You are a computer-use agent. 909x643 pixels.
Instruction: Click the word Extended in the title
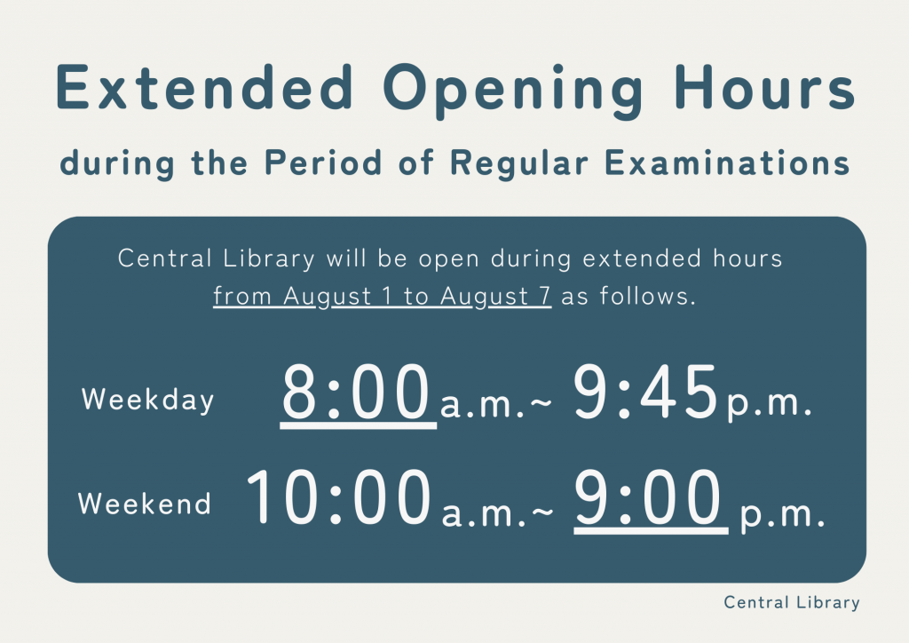coord(204,87)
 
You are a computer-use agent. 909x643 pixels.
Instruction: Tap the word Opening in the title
coord(513,91)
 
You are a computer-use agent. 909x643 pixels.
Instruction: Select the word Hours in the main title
coord(765,87)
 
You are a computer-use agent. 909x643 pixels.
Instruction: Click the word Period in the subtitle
coord(323,162)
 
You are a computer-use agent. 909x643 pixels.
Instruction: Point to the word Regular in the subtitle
coord(518,164)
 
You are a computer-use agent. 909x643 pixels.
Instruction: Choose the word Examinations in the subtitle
coord(727,162)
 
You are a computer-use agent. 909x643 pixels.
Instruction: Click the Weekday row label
coord(148,400)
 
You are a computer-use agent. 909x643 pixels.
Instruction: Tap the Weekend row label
coord(145,503)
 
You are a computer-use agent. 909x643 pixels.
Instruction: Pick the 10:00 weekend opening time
coord(339,497)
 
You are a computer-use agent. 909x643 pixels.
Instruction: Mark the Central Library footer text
coord(791,602)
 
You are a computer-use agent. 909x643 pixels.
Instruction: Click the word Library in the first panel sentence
coord(268,259)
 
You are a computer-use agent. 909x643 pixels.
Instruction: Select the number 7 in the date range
coord(544,296)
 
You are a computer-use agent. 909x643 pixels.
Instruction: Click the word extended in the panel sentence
coord(642,258)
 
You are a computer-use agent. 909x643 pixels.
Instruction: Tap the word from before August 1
coord(241,296)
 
